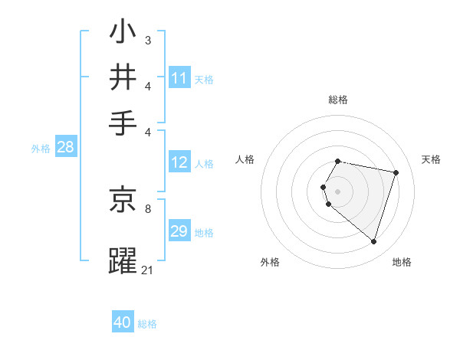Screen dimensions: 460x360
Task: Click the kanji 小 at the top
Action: click(123, 33)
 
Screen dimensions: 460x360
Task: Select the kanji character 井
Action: click(123, 78)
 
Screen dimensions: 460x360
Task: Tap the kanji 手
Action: click(123, 123)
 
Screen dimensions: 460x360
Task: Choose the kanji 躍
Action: click(123, 260)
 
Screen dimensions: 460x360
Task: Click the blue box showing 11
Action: click(179, 78)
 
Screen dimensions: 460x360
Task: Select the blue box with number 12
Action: click(179, 162)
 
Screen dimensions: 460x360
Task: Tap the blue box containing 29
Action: click(179, 231)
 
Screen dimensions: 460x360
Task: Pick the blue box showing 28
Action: click(65, 148)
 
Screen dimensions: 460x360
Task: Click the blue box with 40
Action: click(123, 322)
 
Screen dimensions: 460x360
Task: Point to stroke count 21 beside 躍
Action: click(148, 270)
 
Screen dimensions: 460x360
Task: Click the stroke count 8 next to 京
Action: click(148, 208)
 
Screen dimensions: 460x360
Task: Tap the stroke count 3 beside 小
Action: click(148, 40)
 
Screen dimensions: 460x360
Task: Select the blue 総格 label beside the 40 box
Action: click(147, 324)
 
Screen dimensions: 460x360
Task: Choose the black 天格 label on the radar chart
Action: click(431, 159)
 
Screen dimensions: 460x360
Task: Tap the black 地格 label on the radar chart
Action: click(402, 263)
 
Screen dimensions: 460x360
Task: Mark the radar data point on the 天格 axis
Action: click(396, 173)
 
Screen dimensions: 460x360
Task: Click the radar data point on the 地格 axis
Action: click(373, 242)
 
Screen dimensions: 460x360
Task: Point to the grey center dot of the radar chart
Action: click(338, 191)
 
